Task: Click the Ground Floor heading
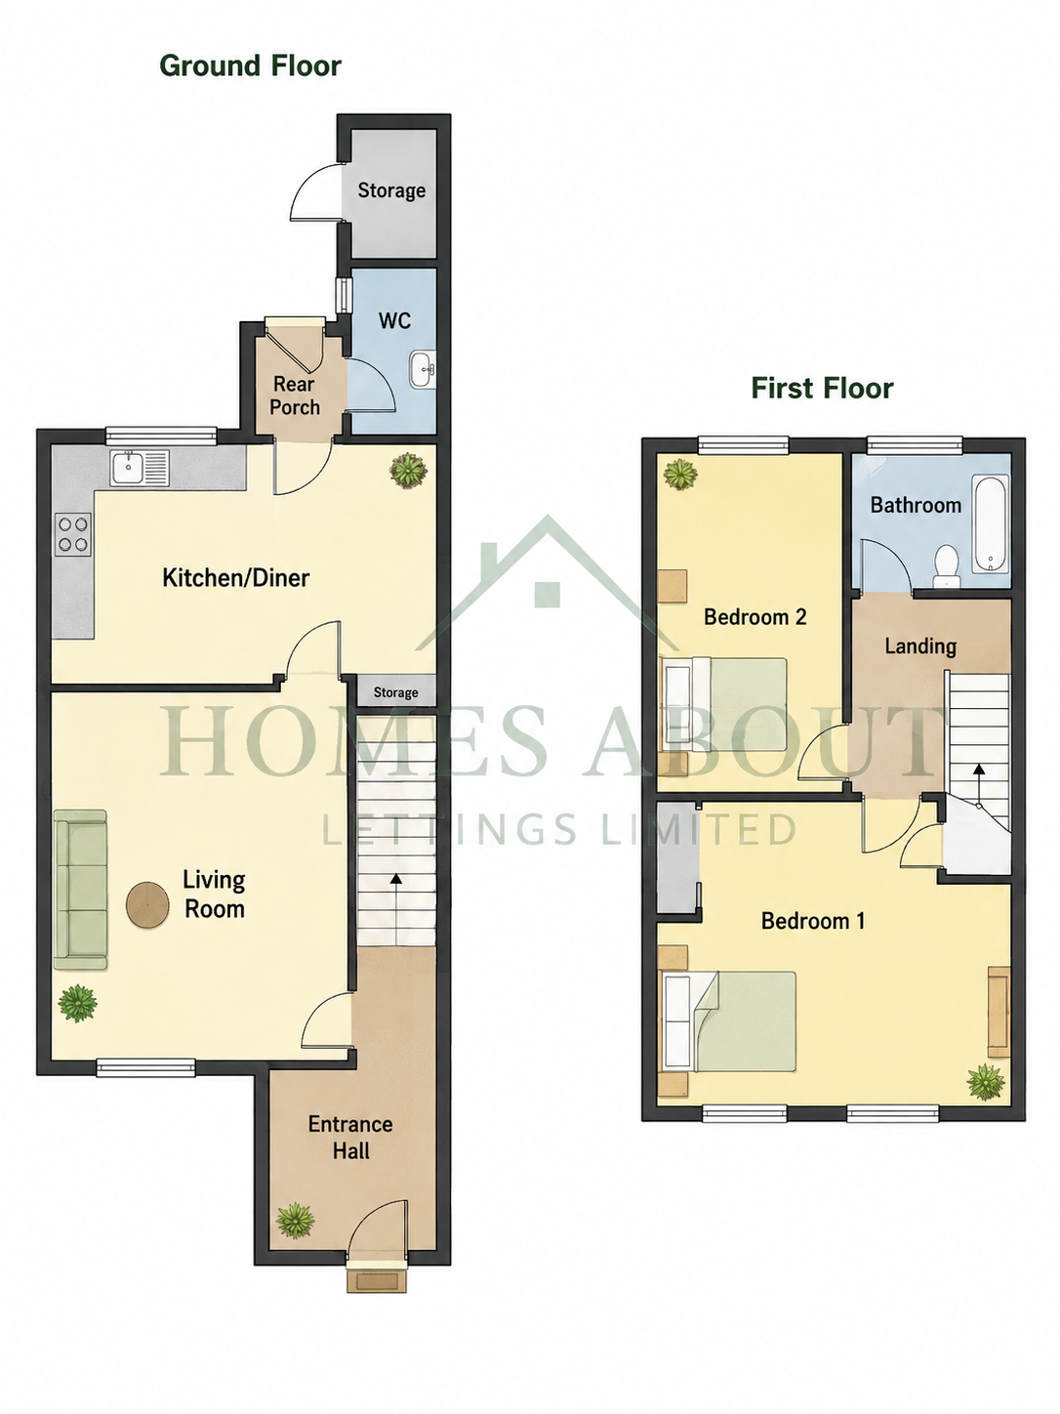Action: (x=250, y=65)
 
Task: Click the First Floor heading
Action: (x=822, y=388)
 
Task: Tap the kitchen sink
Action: (x=139, y=468)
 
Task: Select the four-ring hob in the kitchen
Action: (x=73, y=534)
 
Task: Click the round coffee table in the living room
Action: (x=147, y=904)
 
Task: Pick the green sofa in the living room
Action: (x=80, y=890)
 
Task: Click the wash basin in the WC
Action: (x=423, y=369)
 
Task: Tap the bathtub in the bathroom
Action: (x=990, y=523)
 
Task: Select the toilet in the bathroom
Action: (x=946, y=567)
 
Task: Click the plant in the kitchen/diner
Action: (x=408, y=470)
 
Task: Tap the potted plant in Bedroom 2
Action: (x=680, y=475)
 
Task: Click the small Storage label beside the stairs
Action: (x=396, y=692)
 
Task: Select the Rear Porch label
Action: (x=295, y=395)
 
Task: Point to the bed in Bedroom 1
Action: (x=728, y=1021)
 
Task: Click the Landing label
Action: (x=920, y=646)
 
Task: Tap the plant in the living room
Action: (x=77, y=1003)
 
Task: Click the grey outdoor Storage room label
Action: (x=391, y=190)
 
